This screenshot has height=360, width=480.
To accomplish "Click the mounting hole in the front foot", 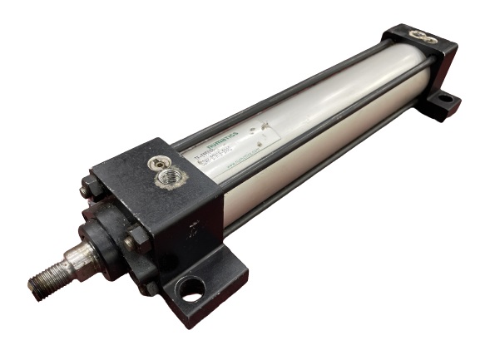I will [191, 291].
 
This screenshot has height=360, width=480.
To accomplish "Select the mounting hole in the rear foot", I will [445, 100].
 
